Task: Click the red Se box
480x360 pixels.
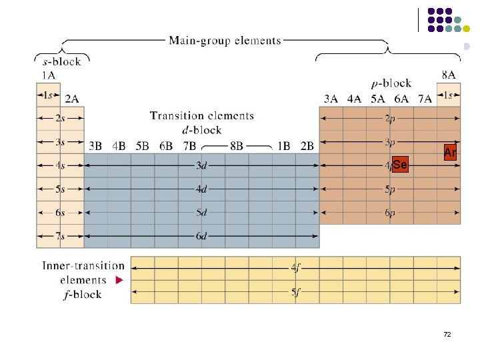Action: pyautogui.click(x=400, y=164)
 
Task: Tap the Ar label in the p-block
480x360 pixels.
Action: pyautogui.click(x=450, y=153)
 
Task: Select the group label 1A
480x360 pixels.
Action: pyautogui.click(x=48, y=75)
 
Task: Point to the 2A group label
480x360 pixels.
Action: pyautogui.click(x=72, y=99)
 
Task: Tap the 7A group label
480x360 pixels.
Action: pyautogui.click(x=425, y=99)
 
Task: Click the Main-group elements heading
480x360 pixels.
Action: pyautogui.click(x=225, y=41)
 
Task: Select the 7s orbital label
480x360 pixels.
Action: pyautogui.click(x=60, y=235)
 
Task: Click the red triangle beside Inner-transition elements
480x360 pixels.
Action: pyautogui.click(x=119, y=281)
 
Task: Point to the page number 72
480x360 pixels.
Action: pyautogui.click(x=447, y=333)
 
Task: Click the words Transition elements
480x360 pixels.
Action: pyautogui.click(x=202, y=116)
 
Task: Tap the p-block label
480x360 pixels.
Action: pyautogui.click(x=391, y=83)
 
